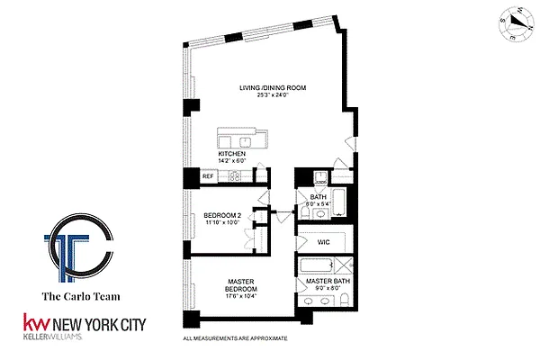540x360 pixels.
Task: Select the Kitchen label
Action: tap(232, 153)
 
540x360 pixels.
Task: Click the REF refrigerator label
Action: tap(207, 176)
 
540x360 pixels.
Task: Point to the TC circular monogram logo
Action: tap(78, 241)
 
